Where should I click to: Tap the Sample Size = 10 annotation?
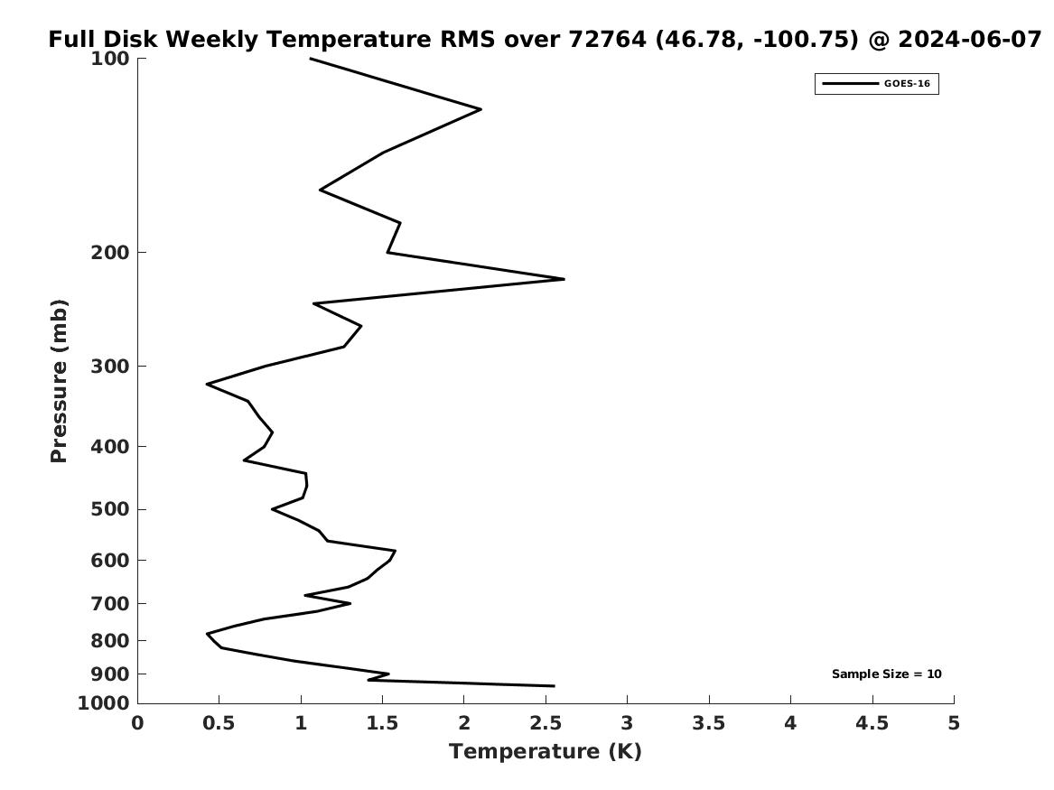(x=887, y=674)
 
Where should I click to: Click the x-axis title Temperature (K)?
(x=546, y=752)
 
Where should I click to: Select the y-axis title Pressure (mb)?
(x=59, y=381)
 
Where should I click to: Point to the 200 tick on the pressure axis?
(x=109, y=253)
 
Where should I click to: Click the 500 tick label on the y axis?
(x=109, y=509)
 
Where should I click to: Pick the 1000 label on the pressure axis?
(x=104, y=703)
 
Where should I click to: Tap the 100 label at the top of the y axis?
(x=109, y=59)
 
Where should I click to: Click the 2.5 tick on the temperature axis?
(x=546, y=723)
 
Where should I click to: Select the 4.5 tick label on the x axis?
(x=872, y=723)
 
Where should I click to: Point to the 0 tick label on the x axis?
(x=138, y=723)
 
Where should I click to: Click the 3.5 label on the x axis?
(x=708, y=723)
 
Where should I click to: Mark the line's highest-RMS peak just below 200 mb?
(x=564, y=279)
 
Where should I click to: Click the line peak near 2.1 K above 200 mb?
(x=480, y=109)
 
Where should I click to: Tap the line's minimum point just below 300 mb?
(x=207, y=384)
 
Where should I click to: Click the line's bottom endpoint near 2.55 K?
(x=554, y=686)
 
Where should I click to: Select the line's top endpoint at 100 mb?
(x=310, y=59)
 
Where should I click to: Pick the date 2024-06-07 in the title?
(x=970, y=39)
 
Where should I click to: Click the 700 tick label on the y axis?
(x=109, y=604)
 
